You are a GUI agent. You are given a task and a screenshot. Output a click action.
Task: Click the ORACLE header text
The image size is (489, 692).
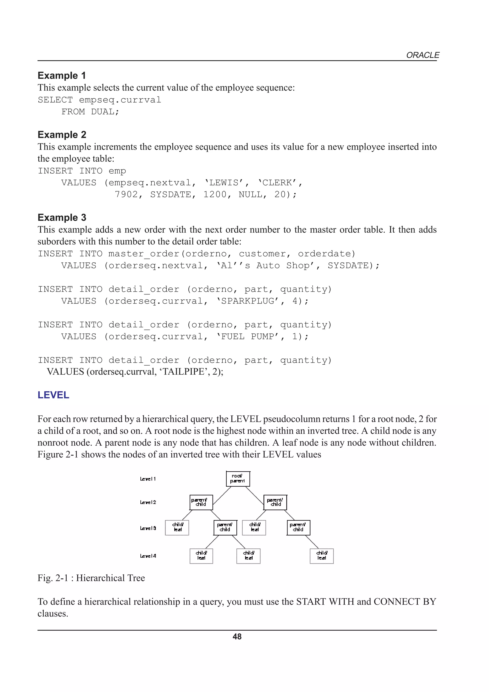(x=422, y=55)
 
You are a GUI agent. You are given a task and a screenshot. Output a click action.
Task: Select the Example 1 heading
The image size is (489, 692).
(x=62, y=75)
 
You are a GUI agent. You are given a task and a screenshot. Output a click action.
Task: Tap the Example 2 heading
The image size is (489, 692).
(x=62, y=134)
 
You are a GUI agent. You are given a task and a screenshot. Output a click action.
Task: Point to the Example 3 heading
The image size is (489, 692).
(x=62, y=217)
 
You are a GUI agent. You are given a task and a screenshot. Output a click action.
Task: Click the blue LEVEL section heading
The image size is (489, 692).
(x=53, y=395)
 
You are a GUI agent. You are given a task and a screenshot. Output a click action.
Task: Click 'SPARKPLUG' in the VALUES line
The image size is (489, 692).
(x=248, y=301)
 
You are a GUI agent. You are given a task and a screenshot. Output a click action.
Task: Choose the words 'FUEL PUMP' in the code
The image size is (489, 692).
(x=248, y=336)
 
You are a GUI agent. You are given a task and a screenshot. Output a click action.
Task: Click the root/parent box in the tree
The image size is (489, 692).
(x=238, y=479)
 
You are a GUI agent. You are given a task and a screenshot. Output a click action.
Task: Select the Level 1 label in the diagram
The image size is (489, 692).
(x=148, y=479)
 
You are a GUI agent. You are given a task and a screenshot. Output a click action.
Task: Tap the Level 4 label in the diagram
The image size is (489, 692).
(x=148, y=556)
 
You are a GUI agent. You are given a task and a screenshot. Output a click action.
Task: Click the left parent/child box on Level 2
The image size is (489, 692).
(x=201, y=502)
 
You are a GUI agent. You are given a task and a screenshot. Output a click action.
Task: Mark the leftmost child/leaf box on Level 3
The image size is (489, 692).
(x=177, y=527)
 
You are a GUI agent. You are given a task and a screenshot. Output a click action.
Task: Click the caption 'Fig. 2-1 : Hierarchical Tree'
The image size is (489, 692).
(x=91, y=578)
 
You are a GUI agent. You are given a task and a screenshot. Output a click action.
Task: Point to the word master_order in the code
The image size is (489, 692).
(x=144, y=254)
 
